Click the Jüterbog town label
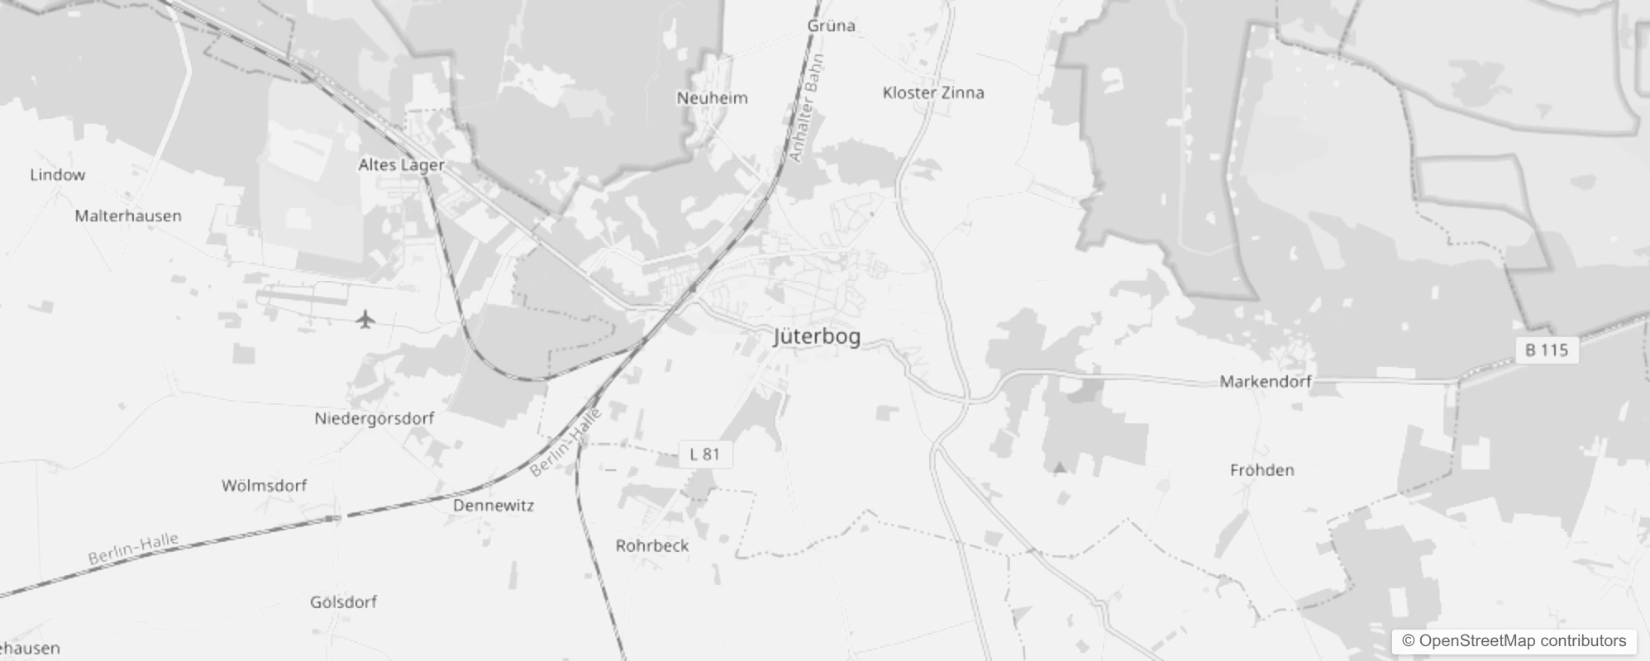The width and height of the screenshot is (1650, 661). [817, 336]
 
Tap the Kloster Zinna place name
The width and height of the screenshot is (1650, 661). [933, 93]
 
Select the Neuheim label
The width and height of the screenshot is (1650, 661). [712, 98]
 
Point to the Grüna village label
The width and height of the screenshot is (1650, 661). [831, 26]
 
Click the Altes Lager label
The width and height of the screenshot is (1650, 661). [401, 165]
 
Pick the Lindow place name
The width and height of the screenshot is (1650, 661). [57, 175]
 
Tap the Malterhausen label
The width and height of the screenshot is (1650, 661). [128, 216]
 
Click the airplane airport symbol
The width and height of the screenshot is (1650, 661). [365, 319]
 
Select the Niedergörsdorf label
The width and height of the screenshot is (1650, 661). [374, 419]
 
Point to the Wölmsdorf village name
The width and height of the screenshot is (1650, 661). [264, 486]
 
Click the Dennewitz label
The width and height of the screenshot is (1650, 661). [494, 506]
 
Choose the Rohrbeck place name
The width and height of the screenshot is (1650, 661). [652, 546]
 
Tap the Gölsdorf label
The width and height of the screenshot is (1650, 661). [343, 602]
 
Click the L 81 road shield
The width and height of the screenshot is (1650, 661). [705, 454]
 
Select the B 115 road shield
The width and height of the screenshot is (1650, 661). [1547, 350]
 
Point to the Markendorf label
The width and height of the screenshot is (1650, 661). [1266, 382]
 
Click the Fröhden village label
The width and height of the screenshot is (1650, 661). [1261, 470]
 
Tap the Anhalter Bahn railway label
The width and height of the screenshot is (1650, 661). [807, 107]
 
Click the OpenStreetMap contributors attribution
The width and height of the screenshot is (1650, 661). [1514, 641]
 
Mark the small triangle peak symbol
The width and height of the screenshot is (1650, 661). [1060, 468]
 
